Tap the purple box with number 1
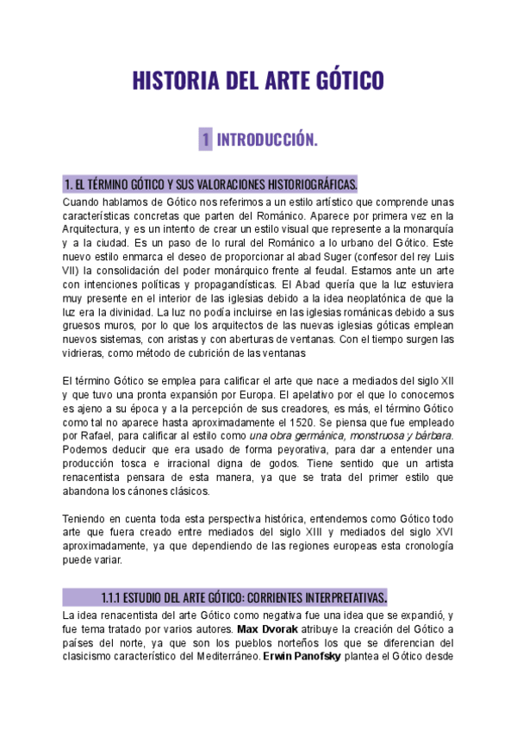pyautogui.click(x=206, y=139)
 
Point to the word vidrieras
pyautogui.click(x=87, y=353)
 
